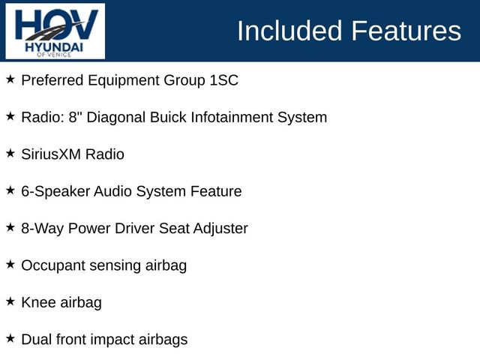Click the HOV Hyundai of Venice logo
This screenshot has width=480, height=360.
point(55,31)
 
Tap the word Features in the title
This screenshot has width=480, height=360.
point(406,31)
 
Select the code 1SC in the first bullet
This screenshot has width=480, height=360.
point(224,80)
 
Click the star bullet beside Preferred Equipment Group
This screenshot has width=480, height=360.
point(10,79)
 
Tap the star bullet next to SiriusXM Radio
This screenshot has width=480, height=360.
point(10,153)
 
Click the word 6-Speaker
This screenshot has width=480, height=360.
point(55,192)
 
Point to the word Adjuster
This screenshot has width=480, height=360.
point(220,229)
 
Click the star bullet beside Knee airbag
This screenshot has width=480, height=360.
point(10,301)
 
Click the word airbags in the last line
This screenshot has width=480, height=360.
point(163,340)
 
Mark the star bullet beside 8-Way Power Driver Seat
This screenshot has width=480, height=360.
point(10,227)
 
